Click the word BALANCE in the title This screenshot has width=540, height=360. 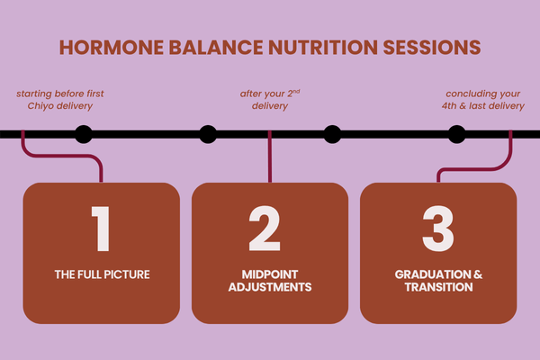point(208,47)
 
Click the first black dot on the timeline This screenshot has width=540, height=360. point(84,135)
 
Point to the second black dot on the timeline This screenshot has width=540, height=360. point(208,135)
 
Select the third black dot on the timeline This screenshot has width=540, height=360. point(332,135)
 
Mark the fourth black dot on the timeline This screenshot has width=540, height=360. point(457,135)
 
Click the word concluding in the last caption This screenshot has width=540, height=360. point(474,93)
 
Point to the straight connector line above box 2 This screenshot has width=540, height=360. point(269,162)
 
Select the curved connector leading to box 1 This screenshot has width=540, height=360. point(63,158)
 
